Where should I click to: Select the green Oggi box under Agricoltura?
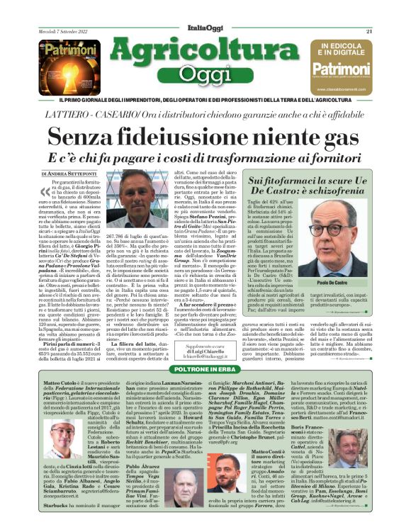206,74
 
